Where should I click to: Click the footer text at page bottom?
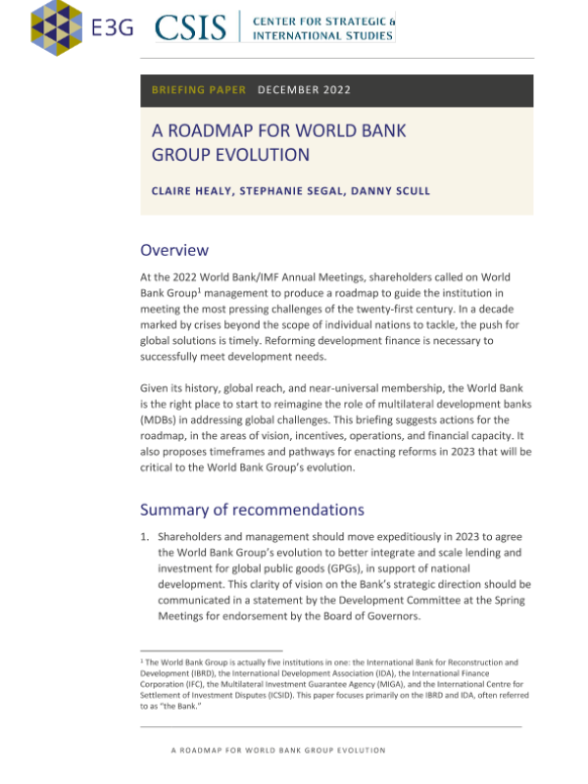point(277,751)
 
